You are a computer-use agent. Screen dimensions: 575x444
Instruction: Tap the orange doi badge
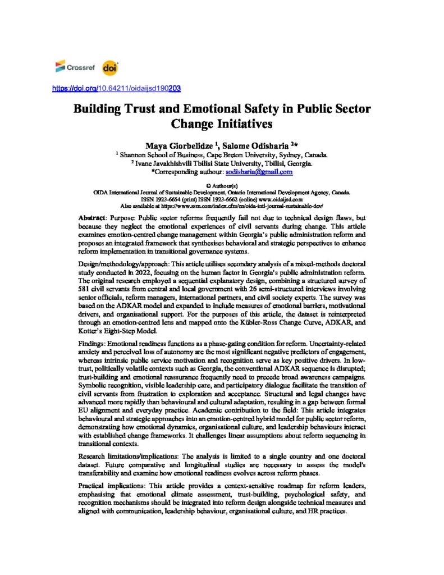tap(109, 68)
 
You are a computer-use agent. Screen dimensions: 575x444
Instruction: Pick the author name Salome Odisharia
tap(254, 145)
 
